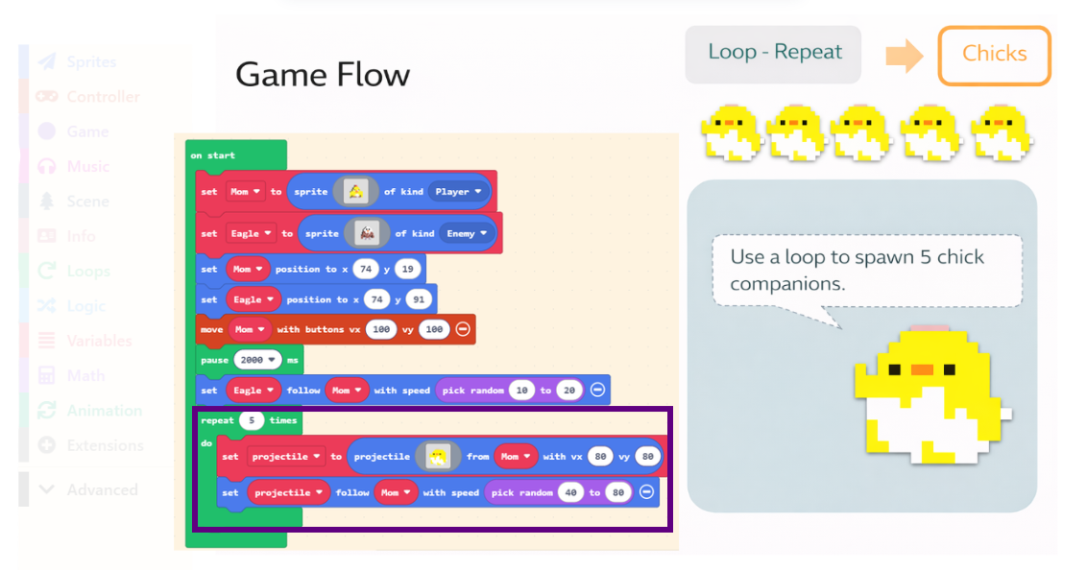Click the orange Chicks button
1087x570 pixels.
point(994,55)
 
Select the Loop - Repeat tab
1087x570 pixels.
point(774,53)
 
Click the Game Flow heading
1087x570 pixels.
point(323,75)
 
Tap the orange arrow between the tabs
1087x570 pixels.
point(903,56)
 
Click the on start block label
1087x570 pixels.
point(212,155)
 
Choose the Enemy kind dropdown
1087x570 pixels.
point(466,233)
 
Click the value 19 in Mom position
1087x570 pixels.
point(407,270)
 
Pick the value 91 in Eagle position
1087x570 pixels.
point(419,299)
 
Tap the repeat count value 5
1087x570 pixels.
point(252,420)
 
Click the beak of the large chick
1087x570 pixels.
point(923,369)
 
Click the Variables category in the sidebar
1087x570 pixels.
point(98,341)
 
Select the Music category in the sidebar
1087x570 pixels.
point(87,167)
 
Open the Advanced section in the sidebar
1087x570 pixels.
point(102,489)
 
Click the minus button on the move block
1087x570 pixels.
point(463,329)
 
